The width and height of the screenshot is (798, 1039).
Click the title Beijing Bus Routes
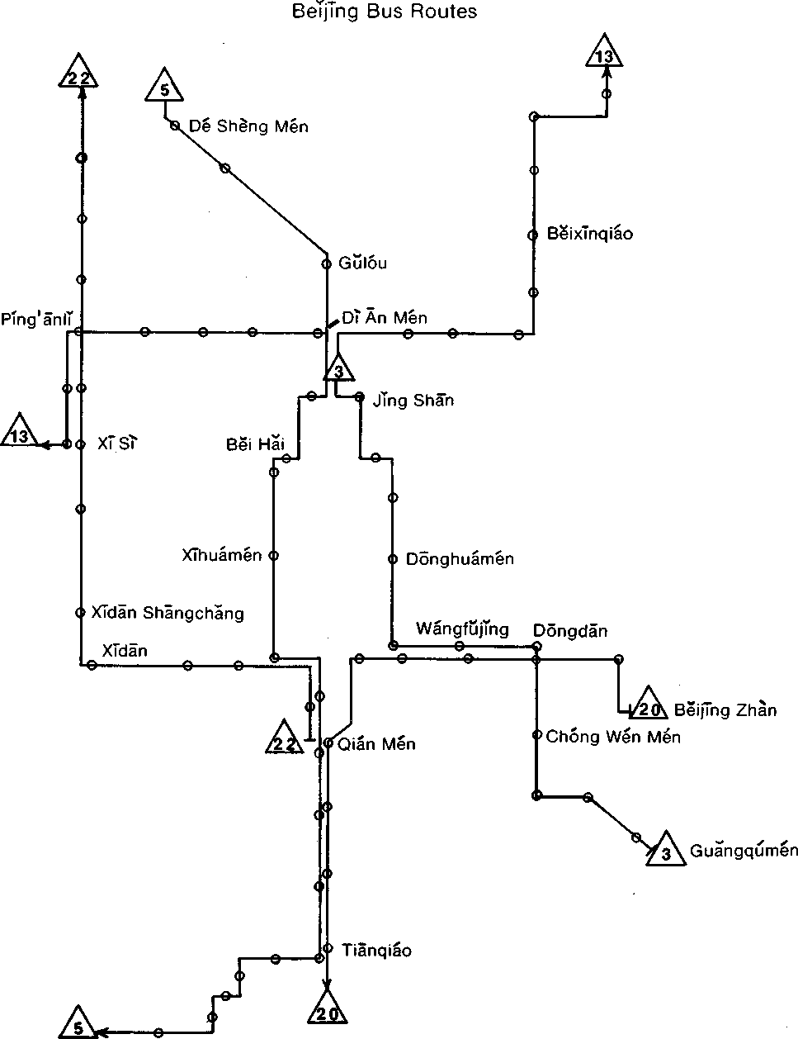(385, 12)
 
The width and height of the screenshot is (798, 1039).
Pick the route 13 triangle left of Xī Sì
(21, 434)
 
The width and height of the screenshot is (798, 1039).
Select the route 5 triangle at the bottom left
(77, 1026)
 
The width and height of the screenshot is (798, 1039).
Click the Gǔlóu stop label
(362, 264)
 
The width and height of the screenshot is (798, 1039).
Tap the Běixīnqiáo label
(590, 234)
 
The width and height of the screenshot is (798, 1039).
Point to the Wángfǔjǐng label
(462, 629)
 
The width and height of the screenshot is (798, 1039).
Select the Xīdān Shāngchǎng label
(168, 613)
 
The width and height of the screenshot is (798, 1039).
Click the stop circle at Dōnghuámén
(393, 559)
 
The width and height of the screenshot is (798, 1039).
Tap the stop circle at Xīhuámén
(274, 556)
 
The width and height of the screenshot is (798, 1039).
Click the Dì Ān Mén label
(385, 318)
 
